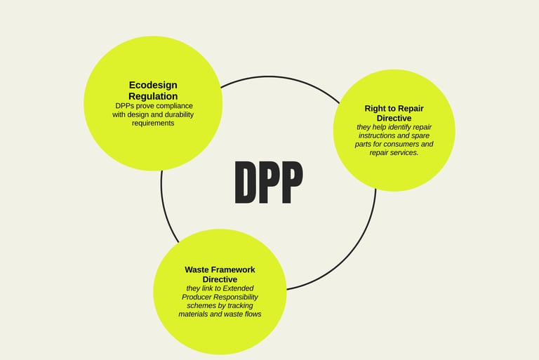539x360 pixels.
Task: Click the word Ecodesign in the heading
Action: click(x=153, y=86)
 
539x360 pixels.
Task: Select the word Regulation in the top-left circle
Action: click(x=153, y=96)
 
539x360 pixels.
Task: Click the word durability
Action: click(x=176, y=114)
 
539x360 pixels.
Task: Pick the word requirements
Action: click(x=153, y=123)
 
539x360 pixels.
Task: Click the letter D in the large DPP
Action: click(x=246, y=182)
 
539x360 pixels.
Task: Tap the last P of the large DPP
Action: click(x=291, y=182)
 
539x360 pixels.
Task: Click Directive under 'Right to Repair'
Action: click(x=394, y=118)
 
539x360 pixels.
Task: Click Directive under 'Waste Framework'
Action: click(x=220, y=279)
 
